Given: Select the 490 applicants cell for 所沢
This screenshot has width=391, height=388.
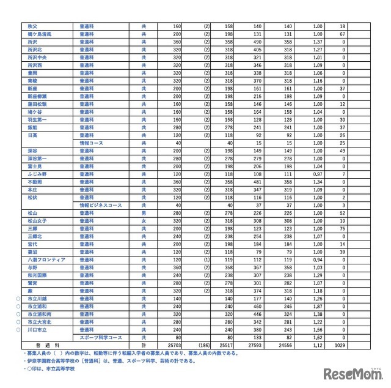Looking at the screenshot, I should coord(254,42).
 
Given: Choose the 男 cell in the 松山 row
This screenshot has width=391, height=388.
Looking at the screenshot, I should coord(144,213).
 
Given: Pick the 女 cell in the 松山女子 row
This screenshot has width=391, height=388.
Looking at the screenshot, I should coord(144,220).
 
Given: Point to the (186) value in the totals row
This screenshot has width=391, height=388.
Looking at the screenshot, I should coord(202,345).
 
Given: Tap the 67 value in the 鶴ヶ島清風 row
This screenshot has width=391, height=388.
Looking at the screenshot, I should coord(343,34).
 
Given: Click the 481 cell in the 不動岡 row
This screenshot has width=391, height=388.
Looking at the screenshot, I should coord(254,182).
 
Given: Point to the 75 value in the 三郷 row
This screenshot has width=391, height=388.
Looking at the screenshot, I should coord(343,228).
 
